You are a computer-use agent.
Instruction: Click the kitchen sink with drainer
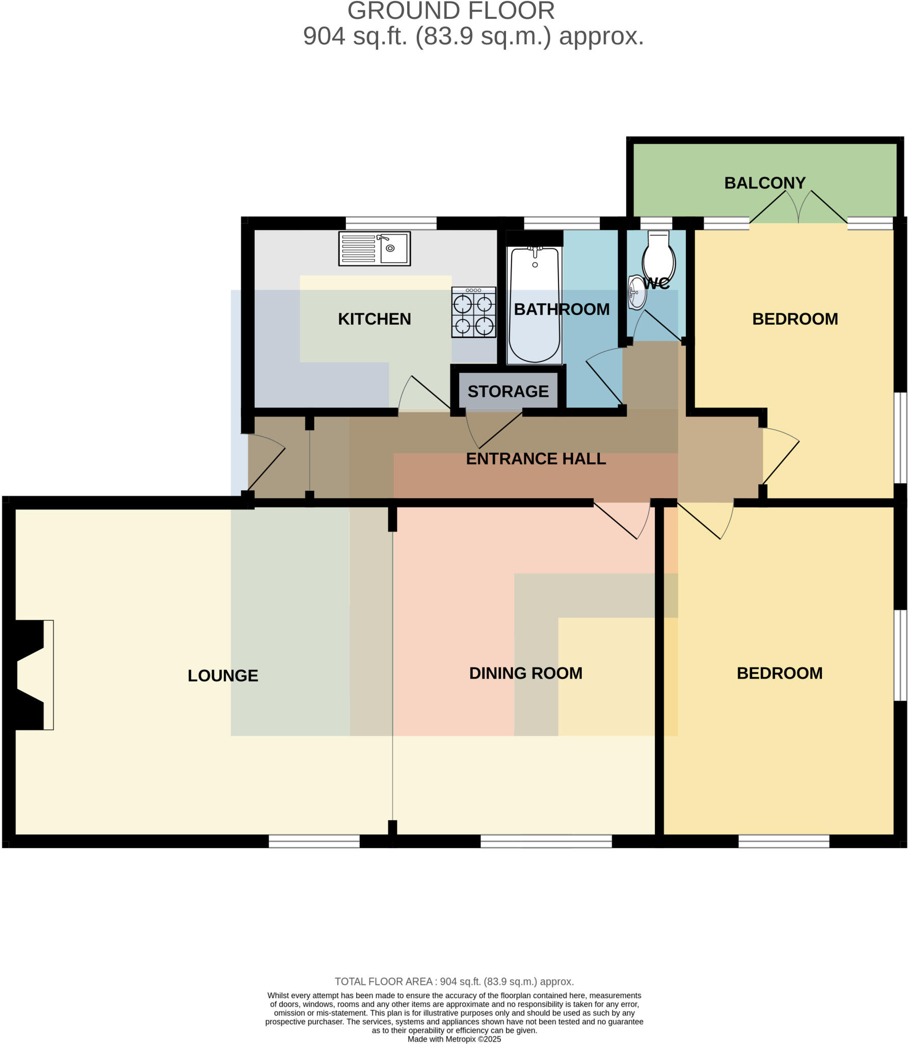[374, 249]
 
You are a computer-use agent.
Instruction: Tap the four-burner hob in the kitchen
[473, 312]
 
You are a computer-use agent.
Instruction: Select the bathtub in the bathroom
[534, 305]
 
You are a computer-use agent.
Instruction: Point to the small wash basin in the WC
[637, 292]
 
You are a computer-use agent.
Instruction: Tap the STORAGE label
[508, 391]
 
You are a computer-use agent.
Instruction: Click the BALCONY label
[764, 183]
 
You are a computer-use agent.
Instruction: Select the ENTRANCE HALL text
[536, 459]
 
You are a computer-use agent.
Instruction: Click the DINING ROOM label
[525, 673]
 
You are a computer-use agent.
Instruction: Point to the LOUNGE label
[223, 675]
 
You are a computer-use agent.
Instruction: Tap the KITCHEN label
[374, 319]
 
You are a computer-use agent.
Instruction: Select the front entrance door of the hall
[266, 461]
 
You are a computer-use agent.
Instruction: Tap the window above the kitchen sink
[391, 223]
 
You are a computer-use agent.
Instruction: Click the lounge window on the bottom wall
[314, 841]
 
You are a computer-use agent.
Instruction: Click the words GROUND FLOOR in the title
[450, 11]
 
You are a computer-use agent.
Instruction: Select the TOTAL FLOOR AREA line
[454, 981]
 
